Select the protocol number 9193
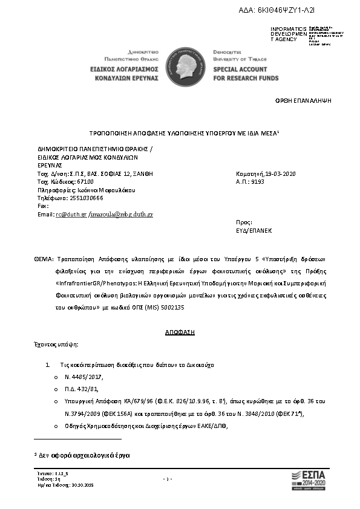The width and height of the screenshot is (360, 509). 257,181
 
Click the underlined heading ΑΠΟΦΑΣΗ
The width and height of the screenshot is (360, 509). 180,332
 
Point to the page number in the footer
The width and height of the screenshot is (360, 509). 169,479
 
